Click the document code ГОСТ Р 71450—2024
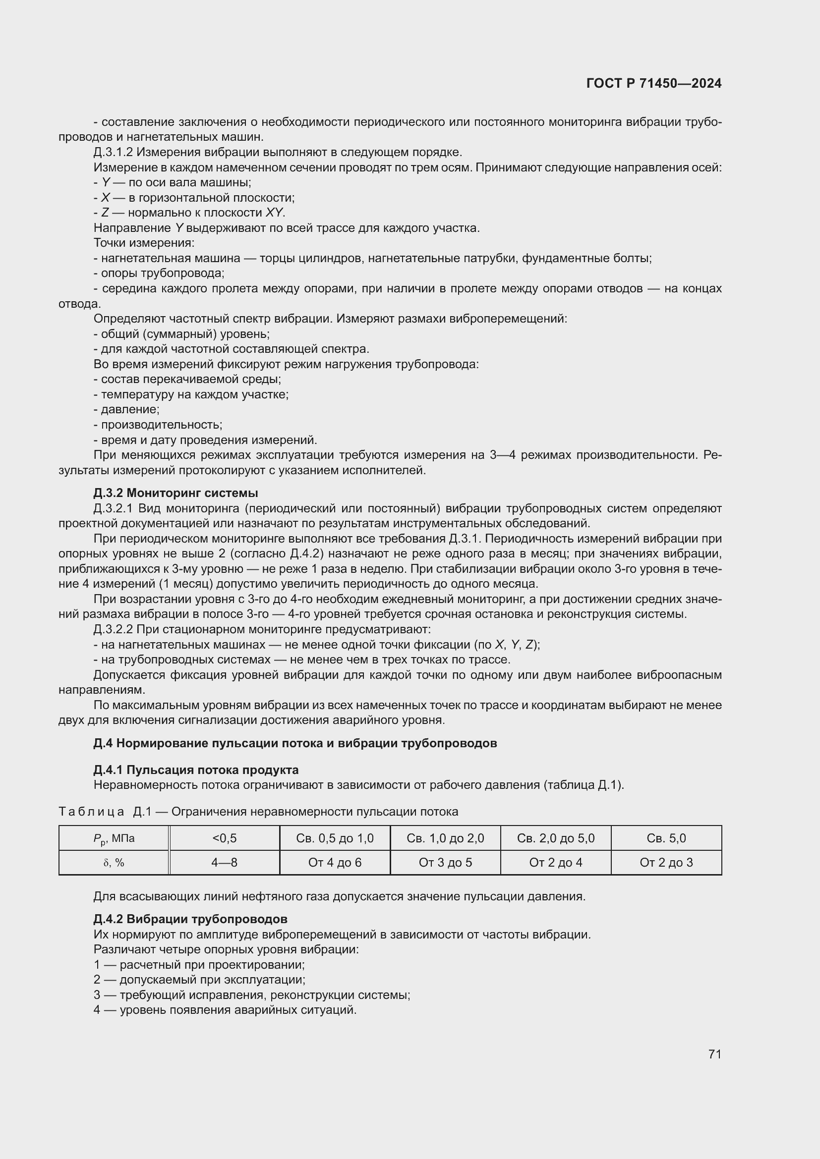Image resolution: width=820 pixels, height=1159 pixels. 654,83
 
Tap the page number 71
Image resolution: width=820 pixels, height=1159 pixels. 714,1054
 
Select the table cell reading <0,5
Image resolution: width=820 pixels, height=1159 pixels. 224,838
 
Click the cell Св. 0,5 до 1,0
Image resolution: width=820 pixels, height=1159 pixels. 335,838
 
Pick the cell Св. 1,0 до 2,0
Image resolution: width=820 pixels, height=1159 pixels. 445,838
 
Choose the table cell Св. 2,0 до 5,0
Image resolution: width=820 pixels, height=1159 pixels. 555,838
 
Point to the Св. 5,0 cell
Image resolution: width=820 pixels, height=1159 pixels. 666,838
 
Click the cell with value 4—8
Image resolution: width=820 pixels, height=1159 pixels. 224,863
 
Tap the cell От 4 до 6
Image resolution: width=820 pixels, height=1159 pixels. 335,863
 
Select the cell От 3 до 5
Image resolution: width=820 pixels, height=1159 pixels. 445,863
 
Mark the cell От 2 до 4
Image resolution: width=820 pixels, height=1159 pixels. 555,863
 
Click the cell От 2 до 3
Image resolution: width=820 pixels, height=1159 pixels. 666,863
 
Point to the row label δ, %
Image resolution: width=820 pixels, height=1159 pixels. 114,863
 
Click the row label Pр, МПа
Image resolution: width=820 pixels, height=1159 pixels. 114,839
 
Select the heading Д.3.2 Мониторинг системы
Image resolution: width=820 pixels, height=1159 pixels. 176,493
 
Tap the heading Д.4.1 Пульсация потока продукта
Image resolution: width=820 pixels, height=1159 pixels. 196,770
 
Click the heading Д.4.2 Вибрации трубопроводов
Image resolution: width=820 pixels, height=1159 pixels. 190,919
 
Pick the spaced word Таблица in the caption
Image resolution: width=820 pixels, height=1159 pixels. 91,812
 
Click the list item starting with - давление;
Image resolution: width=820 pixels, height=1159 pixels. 127,409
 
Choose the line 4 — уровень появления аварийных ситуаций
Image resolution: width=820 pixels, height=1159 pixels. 225,1010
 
